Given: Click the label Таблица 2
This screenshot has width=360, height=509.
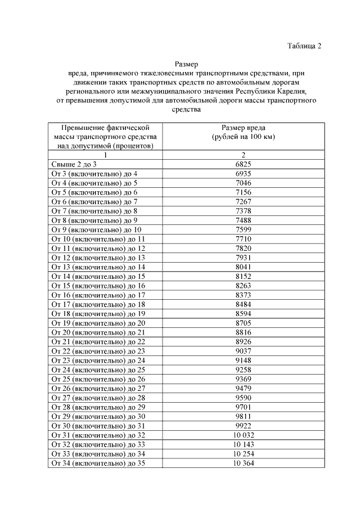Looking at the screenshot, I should tap(304, 46).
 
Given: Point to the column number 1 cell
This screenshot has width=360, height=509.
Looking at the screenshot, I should tap(105, 155).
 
